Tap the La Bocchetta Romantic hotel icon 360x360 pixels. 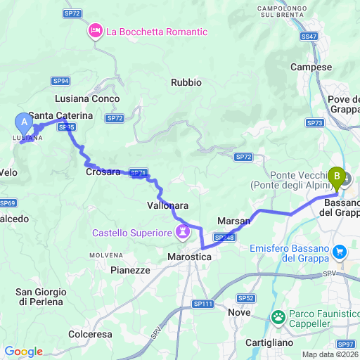coord(94,31)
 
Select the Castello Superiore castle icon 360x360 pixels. coord(184,231)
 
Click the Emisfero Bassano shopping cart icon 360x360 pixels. coord(340,251)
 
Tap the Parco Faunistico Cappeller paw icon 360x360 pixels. coord(279,317)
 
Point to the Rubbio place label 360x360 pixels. coord(186,82)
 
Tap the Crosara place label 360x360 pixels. coord(102,172)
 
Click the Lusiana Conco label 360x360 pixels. coord(87,99)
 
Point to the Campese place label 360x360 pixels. coord(311,67)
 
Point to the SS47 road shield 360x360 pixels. coord(309,35)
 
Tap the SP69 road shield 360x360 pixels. coord(8,203)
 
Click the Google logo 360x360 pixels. coord(23,352)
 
